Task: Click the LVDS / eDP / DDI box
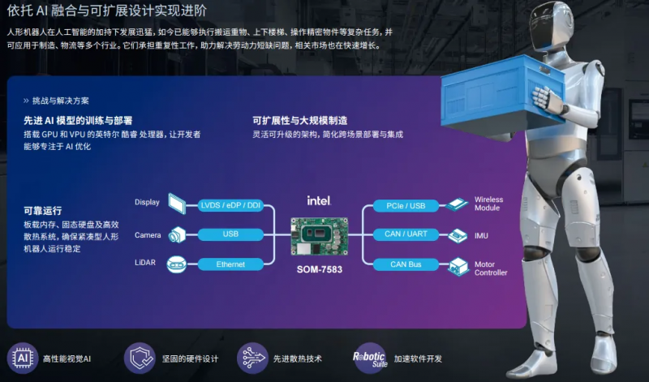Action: [231, 206]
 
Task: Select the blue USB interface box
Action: [231, 235]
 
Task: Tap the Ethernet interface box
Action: [231, 264]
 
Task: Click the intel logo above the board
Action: [318, 200]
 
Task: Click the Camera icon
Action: [176, 235]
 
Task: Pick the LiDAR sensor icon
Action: [176, 264]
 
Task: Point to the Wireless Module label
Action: [489, 204]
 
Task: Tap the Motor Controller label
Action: [491, 268]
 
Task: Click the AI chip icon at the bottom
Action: [22, 358]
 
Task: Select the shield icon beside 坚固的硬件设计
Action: [140, 358]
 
